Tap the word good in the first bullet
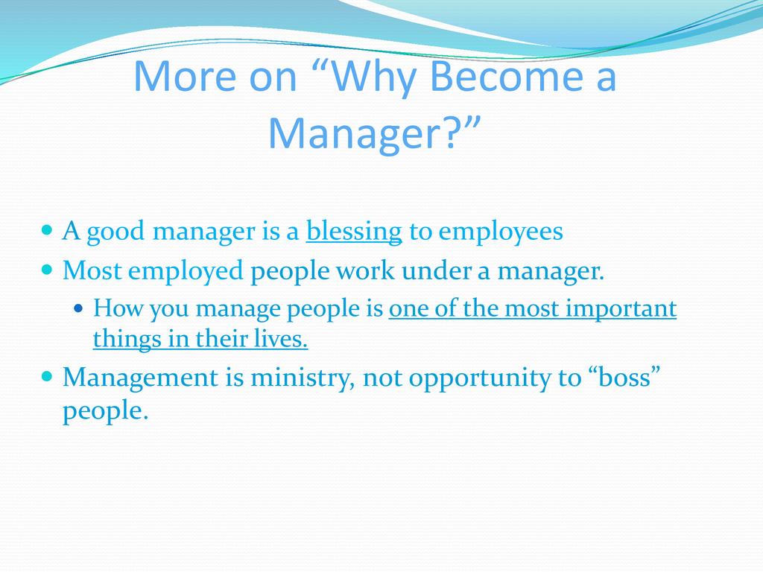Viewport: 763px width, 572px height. [115, 232]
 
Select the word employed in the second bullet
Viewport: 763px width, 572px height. [186, 271]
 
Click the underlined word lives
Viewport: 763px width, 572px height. [281, 339]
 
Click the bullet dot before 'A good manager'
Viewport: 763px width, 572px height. [47, 229]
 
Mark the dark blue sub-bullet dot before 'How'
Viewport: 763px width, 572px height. [78, 308]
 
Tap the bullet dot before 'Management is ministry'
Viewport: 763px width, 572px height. [47, 376]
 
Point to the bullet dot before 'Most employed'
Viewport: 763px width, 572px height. [47, 270]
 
